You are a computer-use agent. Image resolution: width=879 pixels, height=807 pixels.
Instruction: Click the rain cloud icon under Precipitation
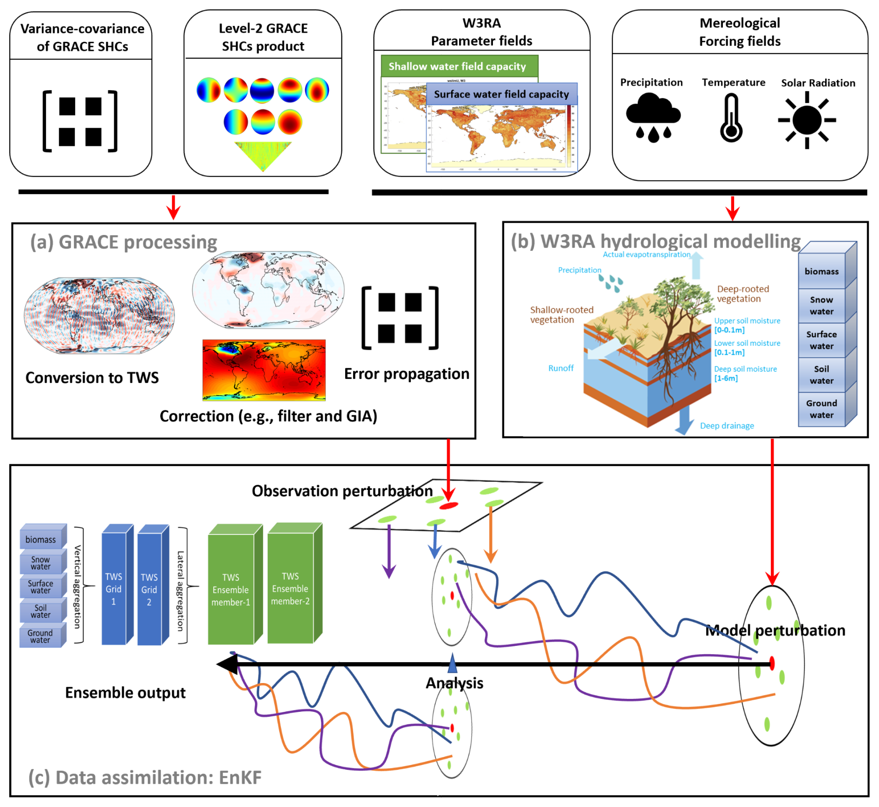[653, 116]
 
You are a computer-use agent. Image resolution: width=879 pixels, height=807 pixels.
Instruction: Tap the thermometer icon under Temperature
[731, 118]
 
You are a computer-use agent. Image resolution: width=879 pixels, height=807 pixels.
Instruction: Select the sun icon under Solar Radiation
[807, 120]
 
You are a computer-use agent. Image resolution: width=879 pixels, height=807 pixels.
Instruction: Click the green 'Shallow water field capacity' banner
[459, 66]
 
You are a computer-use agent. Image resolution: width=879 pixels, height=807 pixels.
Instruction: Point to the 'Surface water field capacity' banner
[501, 94]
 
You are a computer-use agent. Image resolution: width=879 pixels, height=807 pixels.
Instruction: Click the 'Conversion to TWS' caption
[92, 377]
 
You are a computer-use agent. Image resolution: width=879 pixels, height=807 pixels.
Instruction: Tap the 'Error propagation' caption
[407, 374]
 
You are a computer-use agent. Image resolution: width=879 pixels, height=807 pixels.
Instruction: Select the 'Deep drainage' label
[727, 426]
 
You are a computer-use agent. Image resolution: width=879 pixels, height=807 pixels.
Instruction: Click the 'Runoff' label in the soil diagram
[561, 368]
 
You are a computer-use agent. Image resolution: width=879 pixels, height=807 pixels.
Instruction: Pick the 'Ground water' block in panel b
[821, 410]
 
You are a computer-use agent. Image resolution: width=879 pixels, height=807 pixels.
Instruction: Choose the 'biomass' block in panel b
[821, 272]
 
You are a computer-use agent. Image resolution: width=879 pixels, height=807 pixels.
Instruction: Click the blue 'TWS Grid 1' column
[114, 589]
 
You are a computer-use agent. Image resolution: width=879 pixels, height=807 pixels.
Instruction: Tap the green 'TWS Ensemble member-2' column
[290, 588]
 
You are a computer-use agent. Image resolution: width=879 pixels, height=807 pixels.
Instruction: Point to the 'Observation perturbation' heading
[342, 491]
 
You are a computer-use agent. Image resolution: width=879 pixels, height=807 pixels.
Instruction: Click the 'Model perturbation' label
[775, 630]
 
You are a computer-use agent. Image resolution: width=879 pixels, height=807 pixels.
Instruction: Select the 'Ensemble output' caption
[125, 692]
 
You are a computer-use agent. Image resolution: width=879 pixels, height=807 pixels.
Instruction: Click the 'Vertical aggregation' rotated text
[78, 586]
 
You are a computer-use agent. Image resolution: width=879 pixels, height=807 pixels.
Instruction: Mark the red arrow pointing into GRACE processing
[173, 207]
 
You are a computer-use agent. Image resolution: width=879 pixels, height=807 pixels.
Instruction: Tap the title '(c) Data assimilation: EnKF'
[145, 777]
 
